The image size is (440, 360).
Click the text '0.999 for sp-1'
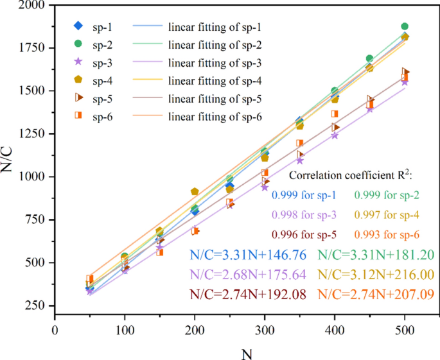click(304, 194)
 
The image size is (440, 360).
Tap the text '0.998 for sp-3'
click(304, 214)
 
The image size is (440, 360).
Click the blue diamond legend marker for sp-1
click(77, 26)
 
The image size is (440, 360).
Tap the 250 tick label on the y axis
click(38, 306)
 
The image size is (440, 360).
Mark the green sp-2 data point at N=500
click(405, 27)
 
